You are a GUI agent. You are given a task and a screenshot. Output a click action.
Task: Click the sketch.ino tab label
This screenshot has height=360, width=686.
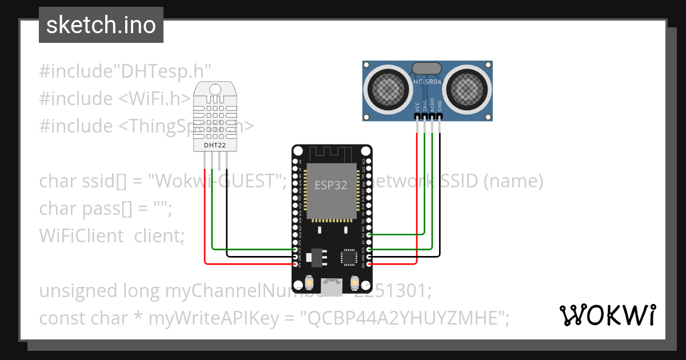coord(101,25)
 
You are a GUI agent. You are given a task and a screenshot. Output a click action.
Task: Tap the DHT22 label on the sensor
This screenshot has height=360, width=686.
coord(215,145)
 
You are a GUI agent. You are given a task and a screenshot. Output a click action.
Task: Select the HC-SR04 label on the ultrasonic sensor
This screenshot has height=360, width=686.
coord(427,82)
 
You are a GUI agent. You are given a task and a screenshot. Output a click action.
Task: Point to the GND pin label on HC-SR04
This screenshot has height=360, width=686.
coord(440,106)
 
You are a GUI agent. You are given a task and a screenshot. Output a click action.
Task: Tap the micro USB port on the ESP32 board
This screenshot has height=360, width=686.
coord(331,284)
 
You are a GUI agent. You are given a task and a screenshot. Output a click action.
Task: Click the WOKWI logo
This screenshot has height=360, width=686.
coord(608,315)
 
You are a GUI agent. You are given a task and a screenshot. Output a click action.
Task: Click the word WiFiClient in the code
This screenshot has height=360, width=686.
coord(81,235)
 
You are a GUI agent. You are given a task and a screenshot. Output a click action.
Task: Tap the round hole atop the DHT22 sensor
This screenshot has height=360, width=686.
coord(215,89)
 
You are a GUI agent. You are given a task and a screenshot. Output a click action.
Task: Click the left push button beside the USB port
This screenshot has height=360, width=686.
coord(309,283)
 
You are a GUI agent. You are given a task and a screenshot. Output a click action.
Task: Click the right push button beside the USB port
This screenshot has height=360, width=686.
coord(354,283)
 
